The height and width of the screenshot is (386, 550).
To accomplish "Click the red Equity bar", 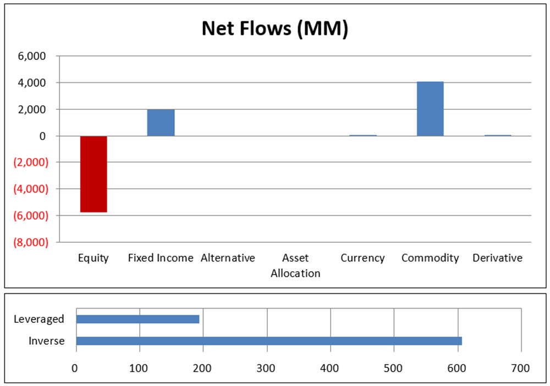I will tap(94, 174).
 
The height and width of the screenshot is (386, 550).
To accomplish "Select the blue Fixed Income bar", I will tap(161, 122).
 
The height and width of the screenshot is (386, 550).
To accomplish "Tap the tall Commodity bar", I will tap(430, 109).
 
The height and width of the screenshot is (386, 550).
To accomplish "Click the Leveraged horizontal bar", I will tap(137, 319).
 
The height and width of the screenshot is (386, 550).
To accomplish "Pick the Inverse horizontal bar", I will tap(268, 341).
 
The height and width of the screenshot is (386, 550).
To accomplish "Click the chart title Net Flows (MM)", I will tap(275, 29).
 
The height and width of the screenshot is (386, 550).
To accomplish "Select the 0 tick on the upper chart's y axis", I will tap(42, 136).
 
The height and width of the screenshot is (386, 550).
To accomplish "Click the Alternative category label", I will tap(228, 258).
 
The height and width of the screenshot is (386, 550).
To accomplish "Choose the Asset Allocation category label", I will tap(295, 265).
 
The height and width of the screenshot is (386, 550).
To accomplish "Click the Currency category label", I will tap(362, 258).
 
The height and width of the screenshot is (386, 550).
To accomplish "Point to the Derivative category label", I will tap(497, 258).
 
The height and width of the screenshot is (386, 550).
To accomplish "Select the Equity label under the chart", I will tap(94, 258).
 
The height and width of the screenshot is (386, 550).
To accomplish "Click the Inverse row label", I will tap(47, 341).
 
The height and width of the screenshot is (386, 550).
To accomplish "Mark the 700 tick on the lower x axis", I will tap(520, 367).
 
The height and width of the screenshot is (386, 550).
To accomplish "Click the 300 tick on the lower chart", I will tap(267, 367).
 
